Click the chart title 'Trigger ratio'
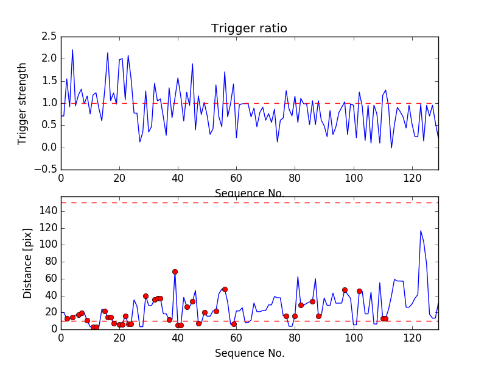(249, 28)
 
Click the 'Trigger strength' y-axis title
(23, 103)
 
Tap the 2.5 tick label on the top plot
(48, 36)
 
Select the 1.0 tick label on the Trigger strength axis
(48, 103)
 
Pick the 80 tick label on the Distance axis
(51, 262)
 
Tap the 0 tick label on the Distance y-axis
(54, 329)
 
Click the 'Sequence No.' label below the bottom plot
(249, 353)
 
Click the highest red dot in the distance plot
(175, 271)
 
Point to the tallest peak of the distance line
(421, 231)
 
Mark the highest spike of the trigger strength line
(72, 50)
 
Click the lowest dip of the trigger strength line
(391, 148)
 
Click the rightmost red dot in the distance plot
(385, 318)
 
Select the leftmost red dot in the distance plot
(67, 318)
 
